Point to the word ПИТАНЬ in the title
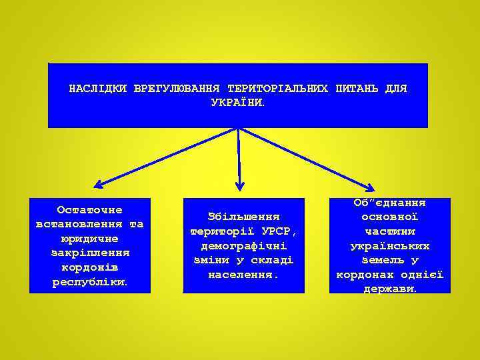(x=359, y=89)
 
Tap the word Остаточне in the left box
(x=89, y=210)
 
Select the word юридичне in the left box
(x=89, y=239)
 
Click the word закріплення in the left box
(x=89, y=253)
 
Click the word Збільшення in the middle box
(x=243, y=217)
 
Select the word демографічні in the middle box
(x=243, y=246)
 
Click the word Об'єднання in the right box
(x=390, y=203)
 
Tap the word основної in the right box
(x=390, y=217)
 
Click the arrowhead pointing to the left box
(x=98, y=184)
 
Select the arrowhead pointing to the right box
(x=370, y=187)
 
